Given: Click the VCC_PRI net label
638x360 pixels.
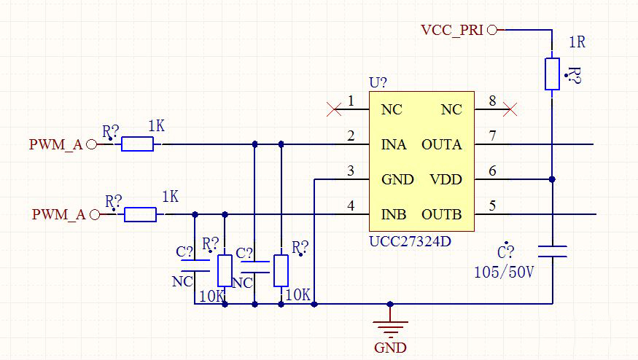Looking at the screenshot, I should [x=452, y=30].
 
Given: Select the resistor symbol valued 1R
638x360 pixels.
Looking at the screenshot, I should [x=552, y=74].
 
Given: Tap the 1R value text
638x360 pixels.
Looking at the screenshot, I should [x=576, y=42].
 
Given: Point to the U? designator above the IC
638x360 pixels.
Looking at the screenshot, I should [x=378, y=82].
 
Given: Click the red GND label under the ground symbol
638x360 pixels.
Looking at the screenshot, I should [x=390, y=348].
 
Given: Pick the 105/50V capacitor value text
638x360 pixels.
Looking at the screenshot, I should [x=504, y=273].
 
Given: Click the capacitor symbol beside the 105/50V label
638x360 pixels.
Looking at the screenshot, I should [x=552, y=252].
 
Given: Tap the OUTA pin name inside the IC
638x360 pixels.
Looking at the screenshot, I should [x=442, y=145].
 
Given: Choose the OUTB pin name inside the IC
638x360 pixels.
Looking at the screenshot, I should [x=442, y=215].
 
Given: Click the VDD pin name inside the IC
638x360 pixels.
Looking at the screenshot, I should [x=446, y=180].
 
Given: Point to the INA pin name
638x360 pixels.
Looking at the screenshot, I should [x=394, y=145].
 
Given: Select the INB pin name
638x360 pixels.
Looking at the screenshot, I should [x=394, y=215].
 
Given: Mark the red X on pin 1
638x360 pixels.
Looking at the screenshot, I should [x=334, y=110].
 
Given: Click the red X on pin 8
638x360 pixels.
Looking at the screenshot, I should [x=511, y=110].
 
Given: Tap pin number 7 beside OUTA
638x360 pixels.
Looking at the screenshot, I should [x=493, y=136].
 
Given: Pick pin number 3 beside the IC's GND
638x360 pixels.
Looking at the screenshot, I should [x=351, y=171].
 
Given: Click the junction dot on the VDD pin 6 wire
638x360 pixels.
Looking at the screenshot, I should [x=552, y=179].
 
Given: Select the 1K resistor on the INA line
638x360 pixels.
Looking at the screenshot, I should [x=137, y=144].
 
